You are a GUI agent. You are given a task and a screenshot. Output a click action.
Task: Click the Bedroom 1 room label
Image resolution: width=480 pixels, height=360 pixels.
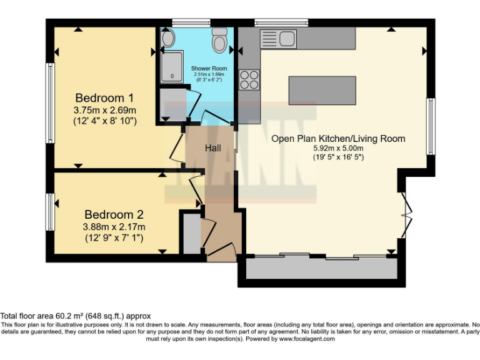[x=104, y=98]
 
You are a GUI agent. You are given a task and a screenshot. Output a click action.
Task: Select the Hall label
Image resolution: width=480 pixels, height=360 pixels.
[x=213, y=148]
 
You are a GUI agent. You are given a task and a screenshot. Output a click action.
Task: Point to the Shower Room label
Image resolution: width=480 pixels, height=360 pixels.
[x=209, y=68]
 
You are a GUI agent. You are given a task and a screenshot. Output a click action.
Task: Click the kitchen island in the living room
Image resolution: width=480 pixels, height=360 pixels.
[x=322, y=90]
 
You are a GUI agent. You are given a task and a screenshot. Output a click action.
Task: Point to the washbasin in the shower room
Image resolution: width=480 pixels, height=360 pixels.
[x=167, y=39]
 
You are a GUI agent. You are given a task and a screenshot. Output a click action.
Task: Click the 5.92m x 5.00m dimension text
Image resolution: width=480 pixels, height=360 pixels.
[x=338, y=149]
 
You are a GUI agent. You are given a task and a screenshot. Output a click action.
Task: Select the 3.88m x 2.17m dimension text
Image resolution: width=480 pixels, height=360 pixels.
[x=114, y=226]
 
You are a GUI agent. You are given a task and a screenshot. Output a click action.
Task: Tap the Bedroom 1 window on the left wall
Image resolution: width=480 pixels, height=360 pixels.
[x=48, y=94]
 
